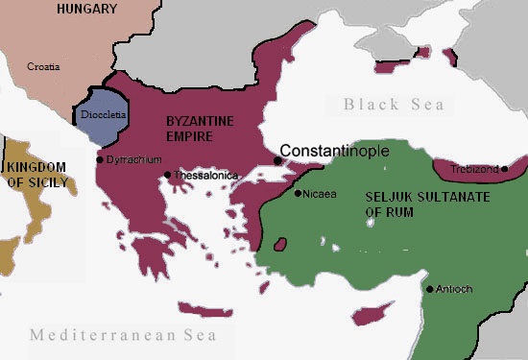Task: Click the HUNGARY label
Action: pos(87,9)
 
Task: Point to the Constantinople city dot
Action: pos(277,160)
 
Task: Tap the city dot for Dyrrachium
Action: pos(100,159)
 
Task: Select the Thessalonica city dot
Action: pos(168,175)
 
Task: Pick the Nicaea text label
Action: pos(320,193)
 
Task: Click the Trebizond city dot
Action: pos(503,169)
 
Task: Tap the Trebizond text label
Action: pos(475,169)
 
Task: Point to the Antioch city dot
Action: pos(429,288)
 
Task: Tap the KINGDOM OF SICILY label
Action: pos(37,174)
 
